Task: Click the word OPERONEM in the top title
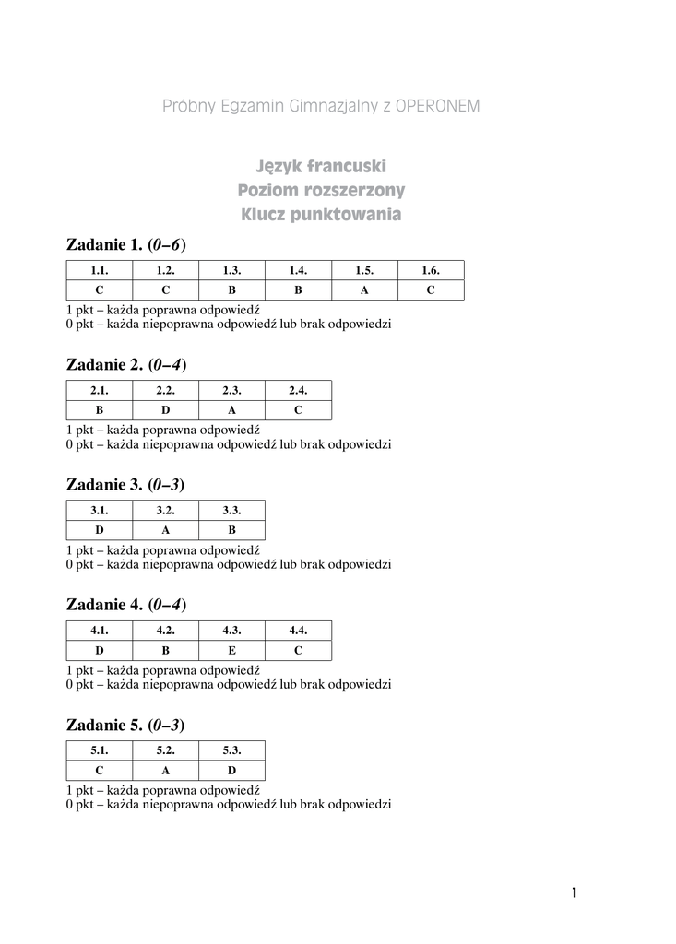coord(437,106)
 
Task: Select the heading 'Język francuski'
coord(321,167)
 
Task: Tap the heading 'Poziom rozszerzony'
coord(321,191)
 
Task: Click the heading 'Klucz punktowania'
coord(321,216)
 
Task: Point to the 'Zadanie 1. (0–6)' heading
coord(126,244)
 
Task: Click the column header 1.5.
coord(364,271)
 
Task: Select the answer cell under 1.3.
coord(232,290)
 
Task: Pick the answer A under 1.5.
coord(364,290)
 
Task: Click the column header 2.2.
coord(166,391)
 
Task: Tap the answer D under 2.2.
coord(166,410)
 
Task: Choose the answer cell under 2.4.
coord(298,410)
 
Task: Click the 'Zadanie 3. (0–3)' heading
coord(126,485)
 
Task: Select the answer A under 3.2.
coord(166,530)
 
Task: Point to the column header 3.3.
coord(232,511)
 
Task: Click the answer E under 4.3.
coord(232,651)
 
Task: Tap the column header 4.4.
coord(298,631)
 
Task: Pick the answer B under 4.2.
coord(166,651)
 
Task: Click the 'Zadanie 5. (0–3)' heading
coord(126,726)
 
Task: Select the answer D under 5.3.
coord(232,771)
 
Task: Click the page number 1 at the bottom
coord(574,892)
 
